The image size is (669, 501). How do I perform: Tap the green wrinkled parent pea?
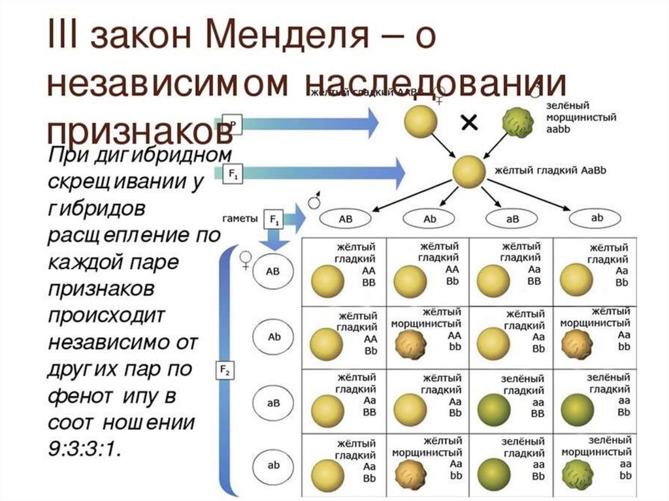[519, 121]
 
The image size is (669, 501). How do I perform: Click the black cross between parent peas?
[469, 122]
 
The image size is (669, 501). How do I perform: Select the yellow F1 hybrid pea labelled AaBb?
[469, 172]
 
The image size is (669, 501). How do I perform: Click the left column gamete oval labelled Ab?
[274, 336]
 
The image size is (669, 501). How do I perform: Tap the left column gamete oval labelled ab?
[274, 466]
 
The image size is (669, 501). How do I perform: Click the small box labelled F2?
[224, 371]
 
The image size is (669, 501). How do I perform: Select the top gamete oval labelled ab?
[597, 219]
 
